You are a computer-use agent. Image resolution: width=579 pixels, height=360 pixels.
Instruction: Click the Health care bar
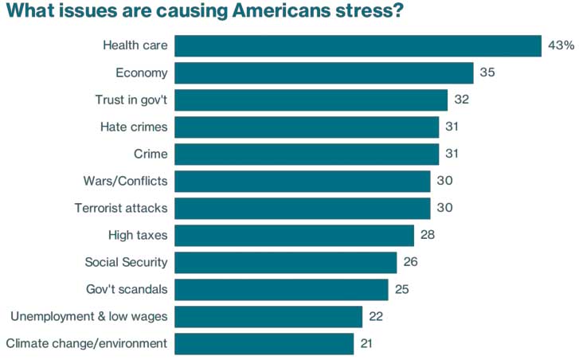pyautogui.click(x=358, y=45)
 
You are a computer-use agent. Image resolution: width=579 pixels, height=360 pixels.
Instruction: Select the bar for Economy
pyautogui.click(x=324, y=73)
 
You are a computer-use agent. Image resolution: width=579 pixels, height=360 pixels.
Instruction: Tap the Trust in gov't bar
pyautogui.click(x=311, y=100)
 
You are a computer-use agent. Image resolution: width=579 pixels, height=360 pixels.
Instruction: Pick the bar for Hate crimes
pyautogui.click(x=307, y=127)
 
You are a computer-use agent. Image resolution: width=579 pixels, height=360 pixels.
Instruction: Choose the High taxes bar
pyautogui.click(x=294, y=235)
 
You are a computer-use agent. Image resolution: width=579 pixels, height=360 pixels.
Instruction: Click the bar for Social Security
pyautogui.click(x=285, y=262)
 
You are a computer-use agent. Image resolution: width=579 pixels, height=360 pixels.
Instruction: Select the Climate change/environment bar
pyautogui.click(x=264, y=343)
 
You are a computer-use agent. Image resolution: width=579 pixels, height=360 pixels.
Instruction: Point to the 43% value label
pyautogui.click(x=561, y=45)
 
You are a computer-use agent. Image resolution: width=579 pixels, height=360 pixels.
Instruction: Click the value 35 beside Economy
pyautogui.click(x=487, y=73)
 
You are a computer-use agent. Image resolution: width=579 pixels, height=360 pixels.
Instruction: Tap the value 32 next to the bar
pyautogui.click(x=461, y=100)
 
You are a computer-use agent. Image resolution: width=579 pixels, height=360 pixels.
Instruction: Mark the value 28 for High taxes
pyautogui.click(x=428, y=235)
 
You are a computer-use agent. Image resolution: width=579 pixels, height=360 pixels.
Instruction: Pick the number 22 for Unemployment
pyautogui.click(x=376, y=316)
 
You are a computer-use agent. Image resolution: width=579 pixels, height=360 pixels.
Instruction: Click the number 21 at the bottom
pyautogui.click(x=367, y=343)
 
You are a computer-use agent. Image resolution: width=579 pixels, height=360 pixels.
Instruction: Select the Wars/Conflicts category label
pyautogui.click(x=125, y=181)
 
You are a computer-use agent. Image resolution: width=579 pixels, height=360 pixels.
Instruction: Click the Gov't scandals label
pyautogui.click(x=127, y=289)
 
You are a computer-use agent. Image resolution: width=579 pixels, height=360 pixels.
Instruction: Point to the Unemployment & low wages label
pyautogui.click(x=88, y=316)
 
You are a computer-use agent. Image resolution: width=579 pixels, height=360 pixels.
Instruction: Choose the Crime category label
pyautogui.click(x=151, y=154)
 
